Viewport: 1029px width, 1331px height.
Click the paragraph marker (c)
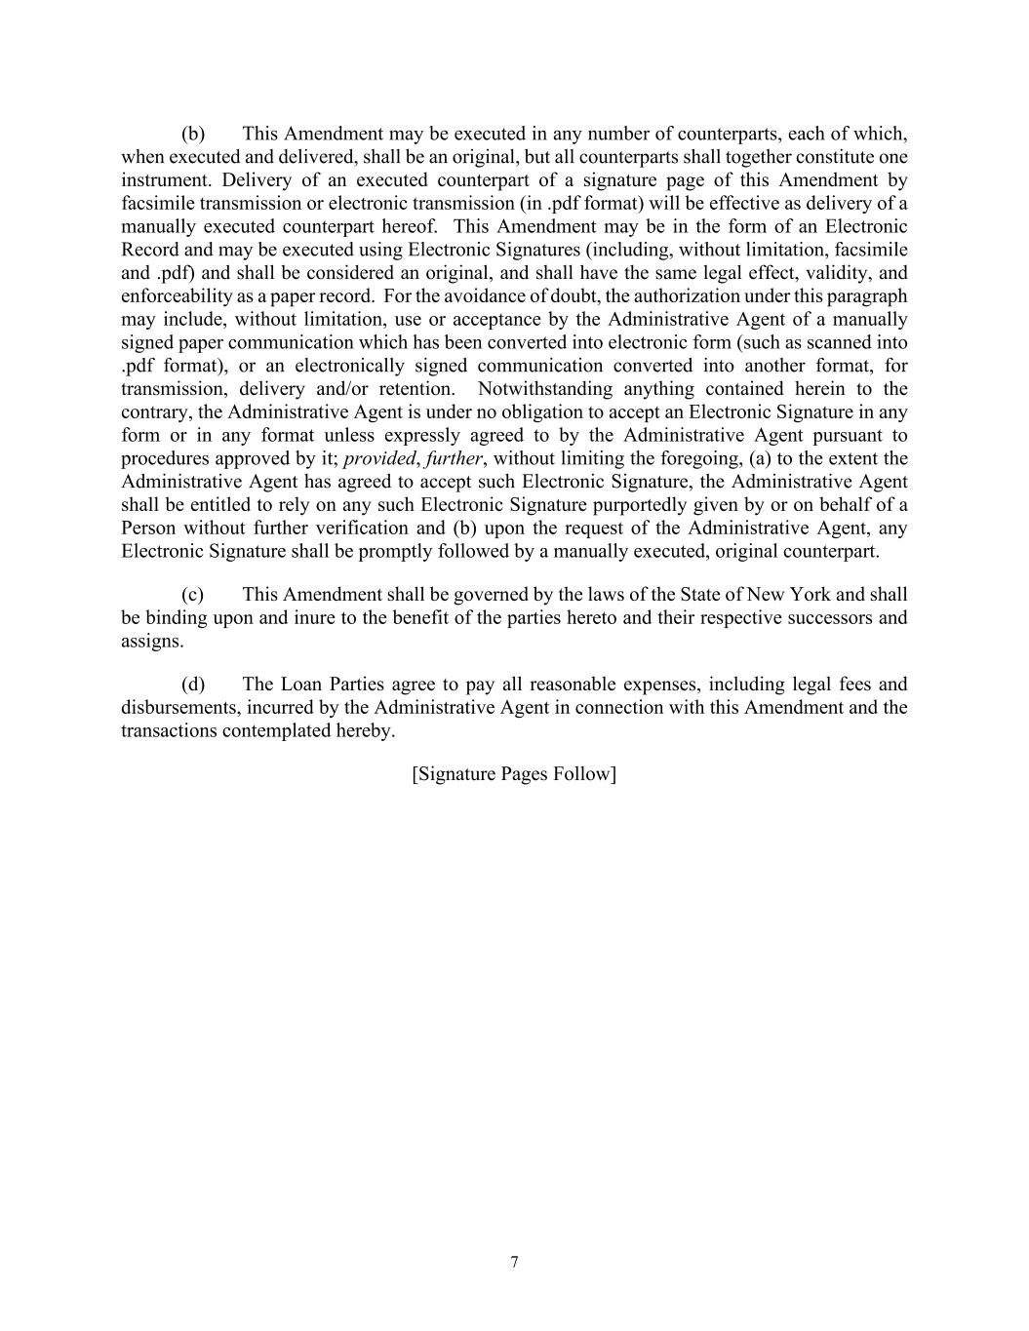[192, 595]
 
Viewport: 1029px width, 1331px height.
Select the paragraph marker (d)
[192, 685]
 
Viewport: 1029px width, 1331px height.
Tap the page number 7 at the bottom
[514, 1263]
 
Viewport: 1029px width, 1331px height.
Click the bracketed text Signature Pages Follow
[514, 774]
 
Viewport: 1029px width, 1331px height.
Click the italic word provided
[379, 459]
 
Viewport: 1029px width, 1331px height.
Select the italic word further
[454, 459]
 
